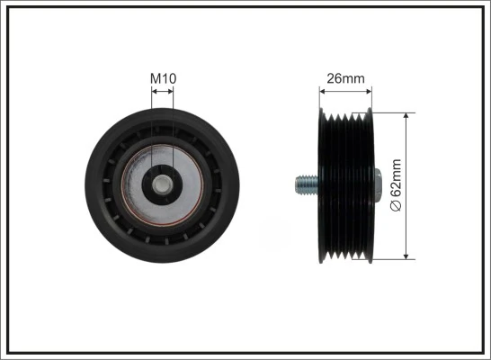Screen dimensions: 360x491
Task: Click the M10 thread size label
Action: coord(163,78)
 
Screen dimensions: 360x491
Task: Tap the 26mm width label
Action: coord(346,78)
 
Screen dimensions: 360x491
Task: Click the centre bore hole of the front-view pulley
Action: coord(163,186)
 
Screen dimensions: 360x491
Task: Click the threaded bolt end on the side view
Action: coord(304,186)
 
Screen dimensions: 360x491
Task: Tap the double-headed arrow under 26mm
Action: coord(346,91)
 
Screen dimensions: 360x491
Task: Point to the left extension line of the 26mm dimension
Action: coord(321,99)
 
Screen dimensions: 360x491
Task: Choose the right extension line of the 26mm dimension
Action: coord(371,99)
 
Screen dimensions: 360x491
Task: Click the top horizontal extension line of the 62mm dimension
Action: coord(396,112)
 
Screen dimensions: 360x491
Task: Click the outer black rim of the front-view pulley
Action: coord(99,186)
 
